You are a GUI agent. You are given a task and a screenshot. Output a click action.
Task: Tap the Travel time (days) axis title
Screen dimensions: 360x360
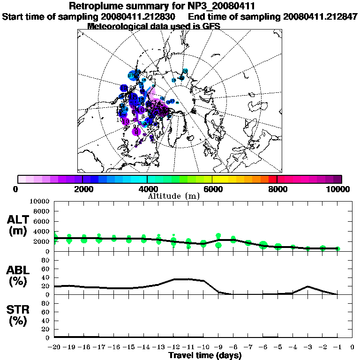tap(205, 355)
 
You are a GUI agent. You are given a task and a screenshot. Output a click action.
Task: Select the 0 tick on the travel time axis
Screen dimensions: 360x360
tap(352, 347)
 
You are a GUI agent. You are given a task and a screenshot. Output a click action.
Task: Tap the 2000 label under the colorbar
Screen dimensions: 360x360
tap(82, 189)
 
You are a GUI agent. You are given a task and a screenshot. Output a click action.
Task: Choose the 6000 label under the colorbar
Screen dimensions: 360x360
tap(212, 189)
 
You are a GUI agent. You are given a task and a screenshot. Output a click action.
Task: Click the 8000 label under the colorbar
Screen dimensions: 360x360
tap(277, 189)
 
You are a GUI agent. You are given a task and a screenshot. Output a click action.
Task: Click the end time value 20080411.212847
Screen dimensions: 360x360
tap(320, 16)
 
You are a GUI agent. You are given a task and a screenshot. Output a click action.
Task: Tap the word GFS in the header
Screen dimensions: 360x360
tap(211, 26)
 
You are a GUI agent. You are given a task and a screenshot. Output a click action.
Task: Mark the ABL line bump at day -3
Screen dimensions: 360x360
tap(307, 286)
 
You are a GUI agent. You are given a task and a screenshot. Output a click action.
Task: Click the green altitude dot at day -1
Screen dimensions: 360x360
tap(337, 248)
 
